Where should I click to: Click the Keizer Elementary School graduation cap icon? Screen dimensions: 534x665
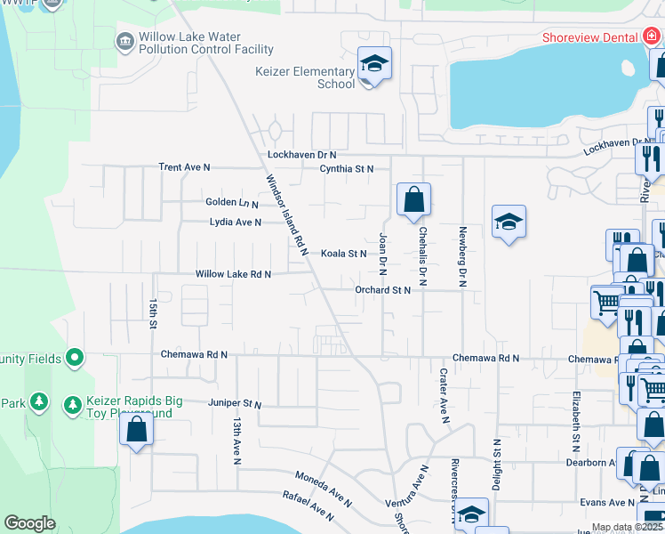(374, 64)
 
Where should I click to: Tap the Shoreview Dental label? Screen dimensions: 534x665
(590, 36)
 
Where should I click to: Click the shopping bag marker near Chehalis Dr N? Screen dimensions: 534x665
(413, 199)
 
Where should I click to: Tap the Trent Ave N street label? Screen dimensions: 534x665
(184, 167)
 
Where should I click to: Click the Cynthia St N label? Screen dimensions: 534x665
(347, 168)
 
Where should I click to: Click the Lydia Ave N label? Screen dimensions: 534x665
(236, 222)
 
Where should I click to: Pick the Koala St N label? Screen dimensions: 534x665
(344, 254)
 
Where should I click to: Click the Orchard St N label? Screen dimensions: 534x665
(382, 290)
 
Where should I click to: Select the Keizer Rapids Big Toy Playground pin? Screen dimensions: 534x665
(73, 406)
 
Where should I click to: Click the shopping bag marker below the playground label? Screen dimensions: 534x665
(136, 430)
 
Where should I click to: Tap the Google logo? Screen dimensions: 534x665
(29, 523)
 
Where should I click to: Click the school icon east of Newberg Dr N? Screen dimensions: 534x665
(508, 223)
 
